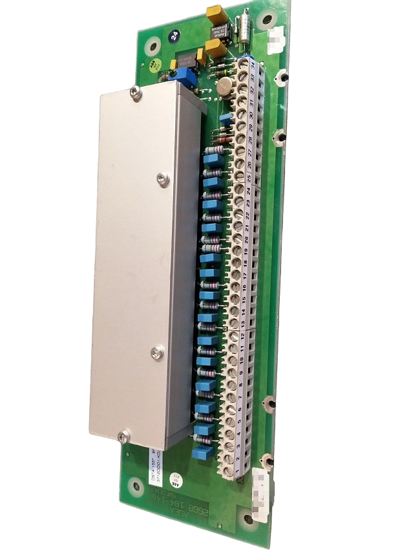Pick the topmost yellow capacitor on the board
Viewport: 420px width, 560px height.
pyautogui.click(x=213, y=12)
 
